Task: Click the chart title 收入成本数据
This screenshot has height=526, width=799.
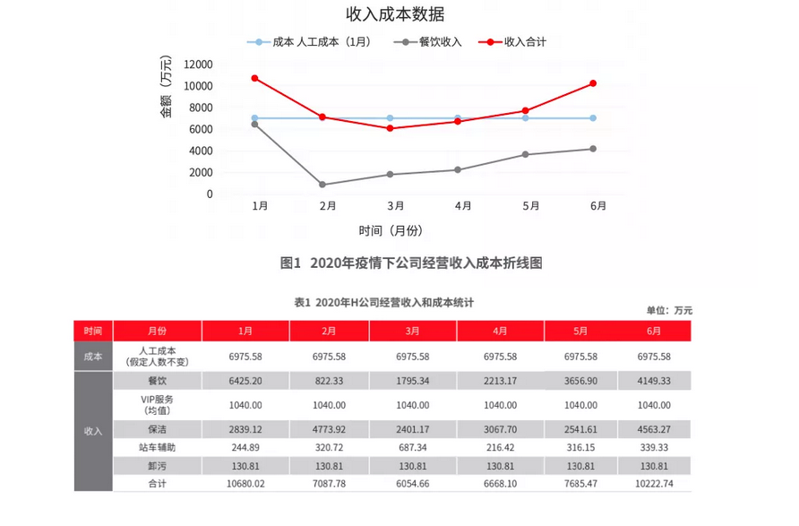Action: click(395, 14)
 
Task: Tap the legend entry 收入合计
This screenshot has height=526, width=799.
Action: click(525, 42)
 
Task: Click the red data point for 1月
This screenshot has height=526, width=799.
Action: click(255, 78)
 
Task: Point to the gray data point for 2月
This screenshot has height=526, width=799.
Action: click(322, 185)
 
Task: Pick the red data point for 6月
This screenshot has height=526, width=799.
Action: click(593, 83)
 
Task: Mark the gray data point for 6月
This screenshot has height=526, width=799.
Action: click(593, 149)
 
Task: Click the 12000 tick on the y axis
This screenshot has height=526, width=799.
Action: click(197, 65)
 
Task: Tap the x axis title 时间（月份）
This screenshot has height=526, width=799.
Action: click(391, 230)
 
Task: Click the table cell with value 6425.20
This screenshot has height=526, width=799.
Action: click(245, 380)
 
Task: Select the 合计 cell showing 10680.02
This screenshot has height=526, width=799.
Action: click(245, 484)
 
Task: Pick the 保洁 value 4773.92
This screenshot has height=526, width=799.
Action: click(329, 428)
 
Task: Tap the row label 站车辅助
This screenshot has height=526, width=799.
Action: click(157, 446)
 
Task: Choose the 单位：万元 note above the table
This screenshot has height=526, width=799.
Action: click(669, 310)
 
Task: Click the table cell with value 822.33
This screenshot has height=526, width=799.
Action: click(329, 380)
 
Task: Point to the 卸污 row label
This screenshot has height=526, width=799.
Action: click(157, 466)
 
